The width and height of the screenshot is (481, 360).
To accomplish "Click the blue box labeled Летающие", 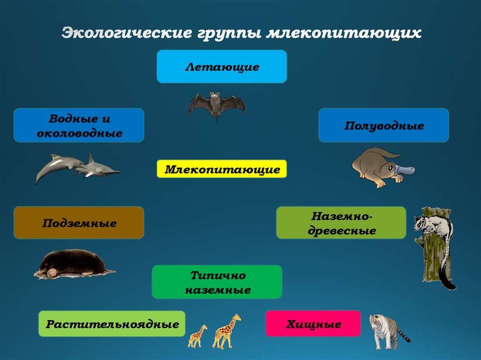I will point(221,66).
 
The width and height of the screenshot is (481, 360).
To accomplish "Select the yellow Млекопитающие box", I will point(222,169).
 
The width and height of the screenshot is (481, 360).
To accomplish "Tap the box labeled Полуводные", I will point(384,126).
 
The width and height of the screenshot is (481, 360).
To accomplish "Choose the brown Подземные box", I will point(79,222).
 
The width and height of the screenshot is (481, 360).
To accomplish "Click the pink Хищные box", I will point(314,324).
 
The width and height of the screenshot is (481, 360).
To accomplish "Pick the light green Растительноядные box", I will point(112,324).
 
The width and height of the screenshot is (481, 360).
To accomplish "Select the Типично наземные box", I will point(217,282).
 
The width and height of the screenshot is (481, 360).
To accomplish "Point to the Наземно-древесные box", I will point(341,222).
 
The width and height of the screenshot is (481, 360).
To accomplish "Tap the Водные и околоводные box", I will point(79,125).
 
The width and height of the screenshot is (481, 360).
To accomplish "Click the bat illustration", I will point(216,104).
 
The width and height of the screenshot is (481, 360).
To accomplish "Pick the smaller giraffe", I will point(197,336).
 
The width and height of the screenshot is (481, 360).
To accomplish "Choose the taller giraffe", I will point(227,331).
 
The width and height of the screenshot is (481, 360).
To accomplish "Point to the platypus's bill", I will point(409,169).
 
